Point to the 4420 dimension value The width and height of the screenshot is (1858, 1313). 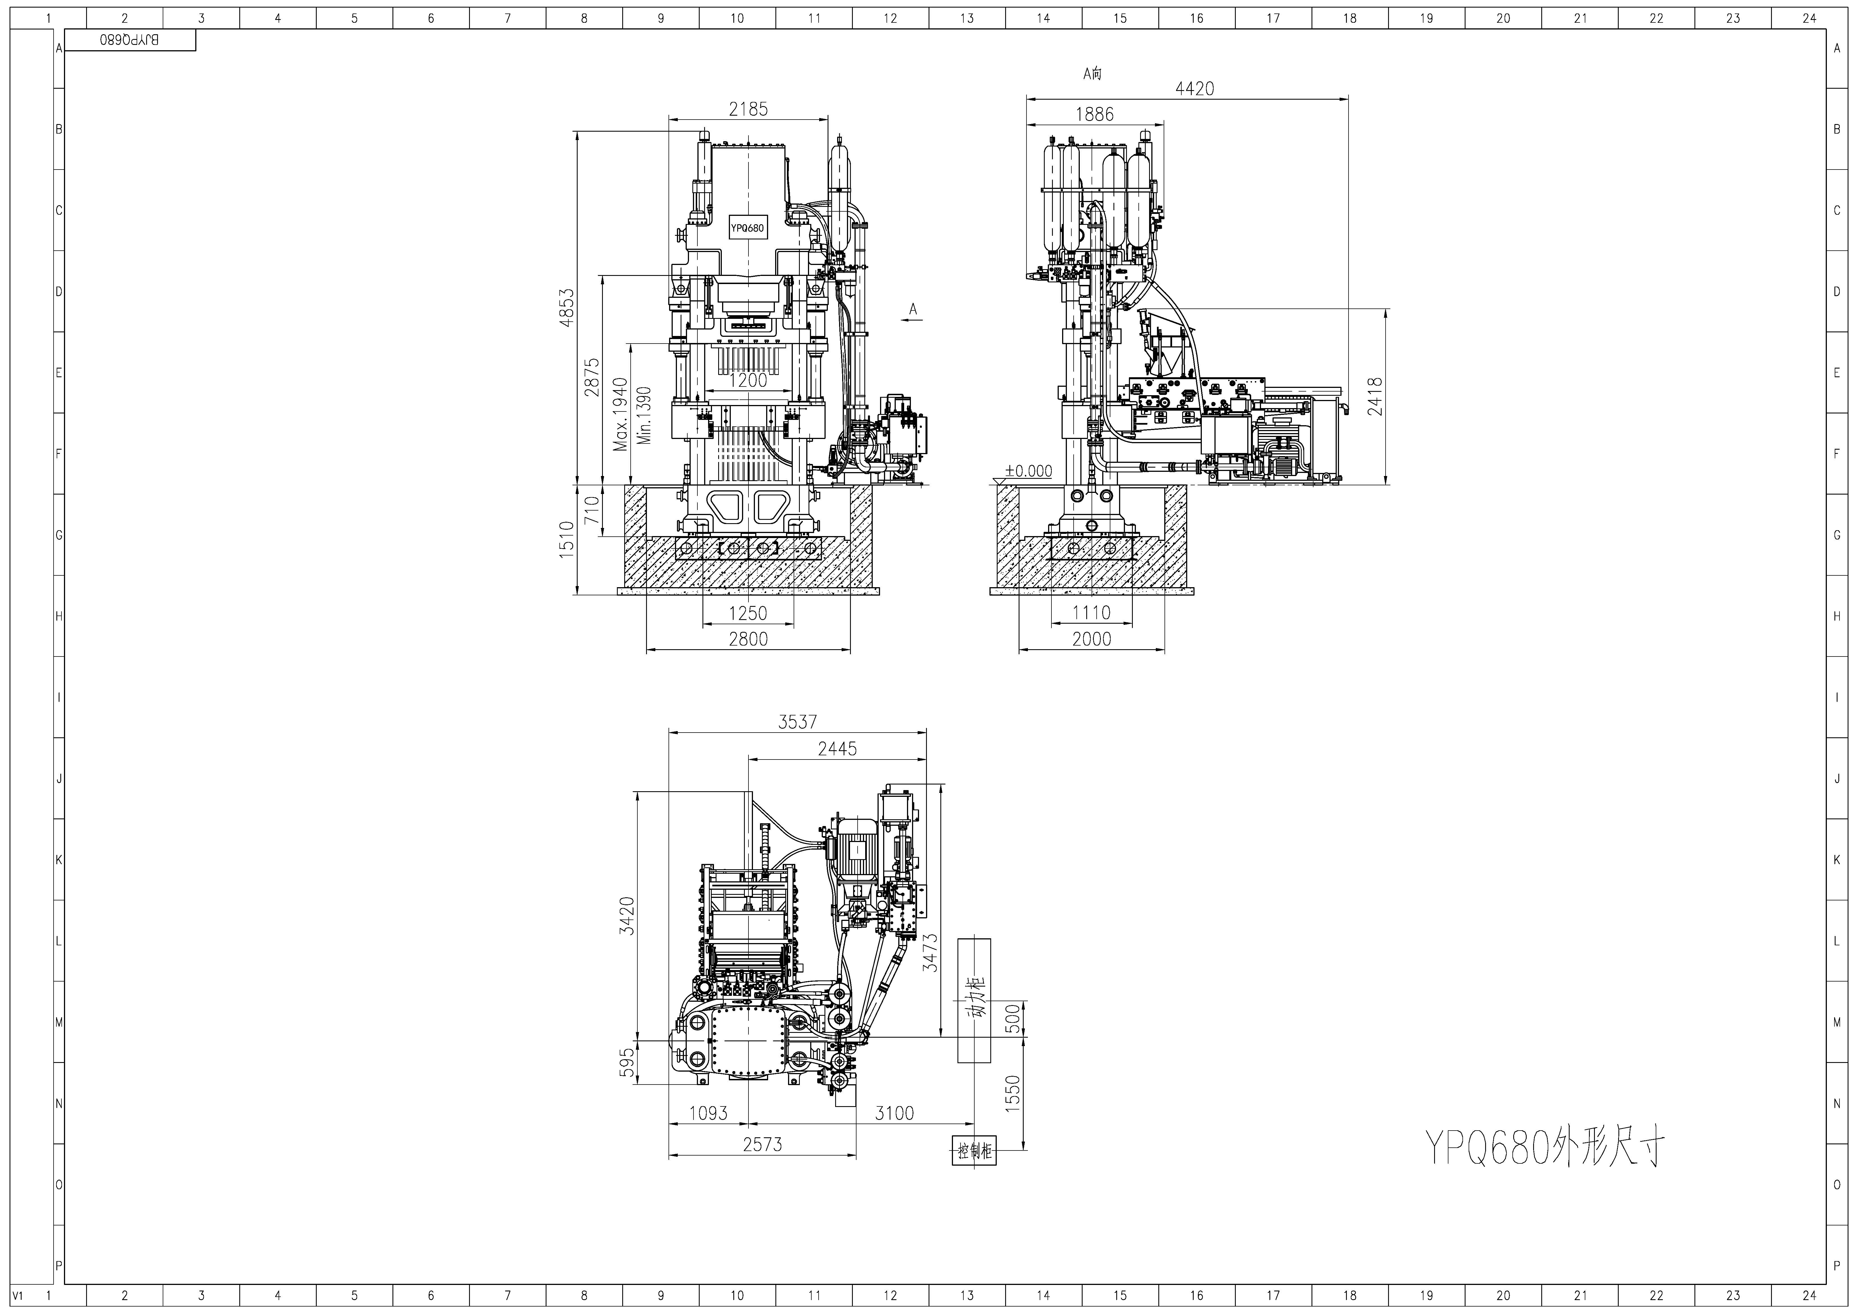tap(1195, 88)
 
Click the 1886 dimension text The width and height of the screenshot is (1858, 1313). tap(1095, 114)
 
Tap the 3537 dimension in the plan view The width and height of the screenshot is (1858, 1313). tap(798, 721)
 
